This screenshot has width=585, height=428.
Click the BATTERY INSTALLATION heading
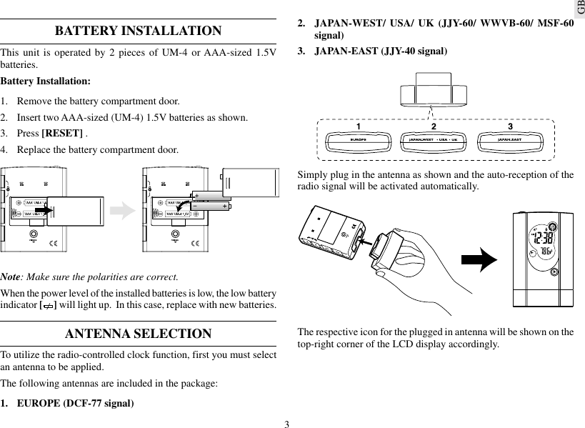coord(138,31)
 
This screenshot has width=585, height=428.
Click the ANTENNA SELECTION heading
coord(138,334)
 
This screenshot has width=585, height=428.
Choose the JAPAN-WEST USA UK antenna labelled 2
coord(433,139)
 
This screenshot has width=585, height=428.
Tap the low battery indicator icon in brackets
coord(47,306)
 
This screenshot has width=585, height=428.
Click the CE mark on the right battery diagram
coord(196,246)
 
